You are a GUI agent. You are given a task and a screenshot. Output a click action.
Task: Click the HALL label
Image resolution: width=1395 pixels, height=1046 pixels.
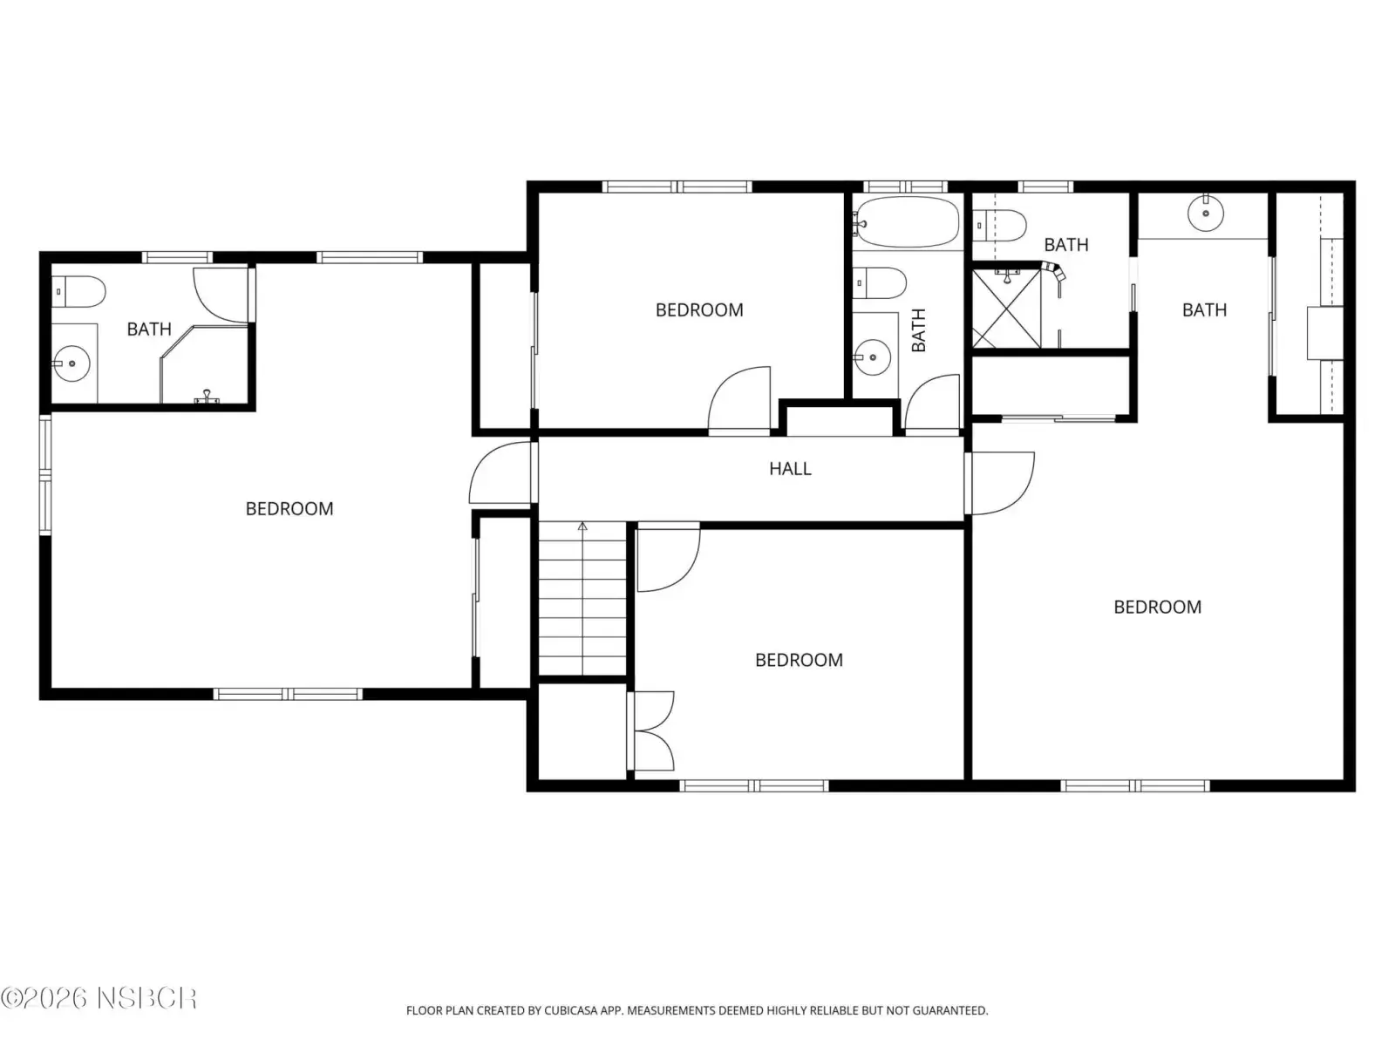pos(790,469)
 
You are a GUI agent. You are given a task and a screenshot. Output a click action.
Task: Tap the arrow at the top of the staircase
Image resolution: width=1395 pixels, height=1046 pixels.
pos(582,526)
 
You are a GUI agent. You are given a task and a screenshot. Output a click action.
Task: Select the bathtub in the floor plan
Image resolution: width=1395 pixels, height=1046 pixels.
pos(906,221)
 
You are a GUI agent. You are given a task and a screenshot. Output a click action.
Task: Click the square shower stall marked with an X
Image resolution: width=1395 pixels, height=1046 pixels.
pos(1006,309)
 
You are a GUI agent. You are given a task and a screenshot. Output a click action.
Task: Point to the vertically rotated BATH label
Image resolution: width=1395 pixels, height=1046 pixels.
pos(918,330)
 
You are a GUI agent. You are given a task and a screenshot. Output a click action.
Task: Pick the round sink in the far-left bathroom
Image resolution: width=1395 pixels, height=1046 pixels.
pos(71,363)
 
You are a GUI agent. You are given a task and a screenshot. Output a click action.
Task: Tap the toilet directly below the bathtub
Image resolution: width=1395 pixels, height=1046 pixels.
pos(880,283)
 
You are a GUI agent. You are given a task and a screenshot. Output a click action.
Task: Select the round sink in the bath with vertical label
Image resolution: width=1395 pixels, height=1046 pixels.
pos(873,357)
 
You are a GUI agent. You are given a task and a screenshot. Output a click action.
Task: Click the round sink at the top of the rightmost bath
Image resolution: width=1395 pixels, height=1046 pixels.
pos(1206,213)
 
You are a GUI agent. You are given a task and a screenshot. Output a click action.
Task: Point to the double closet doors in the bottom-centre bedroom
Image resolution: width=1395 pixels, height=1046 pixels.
pos(654,731)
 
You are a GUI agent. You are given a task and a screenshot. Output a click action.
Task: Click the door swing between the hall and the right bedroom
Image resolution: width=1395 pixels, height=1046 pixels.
pos(1000,483)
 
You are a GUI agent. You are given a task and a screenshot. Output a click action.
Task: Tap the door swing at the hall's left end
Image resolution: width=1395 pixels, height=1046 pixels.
pos(500,473)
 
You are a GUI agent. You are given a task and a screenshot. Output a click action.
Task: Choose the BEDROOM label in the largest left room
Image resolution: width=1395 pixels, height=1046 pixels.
pos(289,509)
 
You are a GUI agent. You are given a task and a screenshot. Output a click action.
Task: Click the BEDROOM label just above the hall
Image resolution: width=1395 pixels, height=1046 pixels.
pos(699,310)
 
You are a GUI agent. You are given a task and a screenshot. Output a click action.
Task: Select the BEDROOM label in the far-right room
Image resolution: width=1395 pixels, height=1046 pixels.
pos(1157,608)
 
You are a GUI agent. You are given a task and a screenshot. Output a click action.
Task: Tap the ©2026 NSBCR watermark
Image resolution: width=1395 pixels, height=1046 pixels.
pos(99,998)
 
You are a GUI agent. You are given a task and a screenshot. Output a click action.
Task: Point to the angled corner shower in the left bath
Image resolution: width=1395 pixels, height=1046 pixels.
pos(203,363)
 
